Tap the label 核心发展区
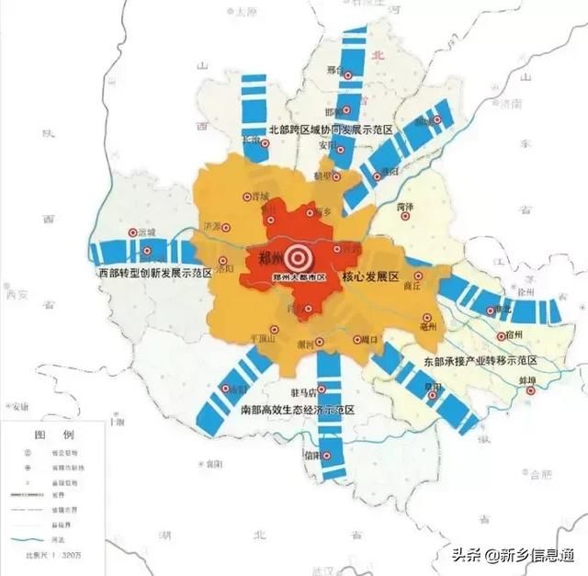click(370, 277)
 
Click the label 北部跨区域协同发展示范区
click(331, 131)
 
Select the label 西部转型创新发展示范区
click(155, 273)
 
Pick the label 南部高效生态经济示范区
click(297, 409)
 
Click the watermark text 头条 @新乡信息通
click(512, 555)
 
